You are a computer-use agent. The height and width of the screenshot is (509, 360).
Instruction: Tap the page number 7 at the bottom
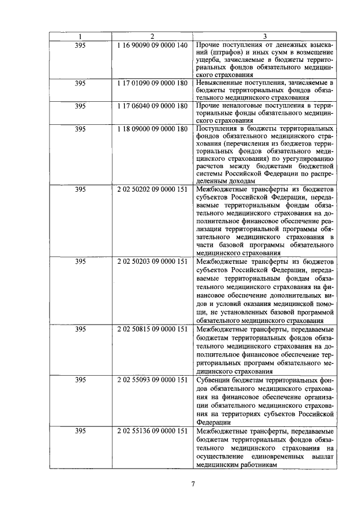(x=192, y=484)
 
